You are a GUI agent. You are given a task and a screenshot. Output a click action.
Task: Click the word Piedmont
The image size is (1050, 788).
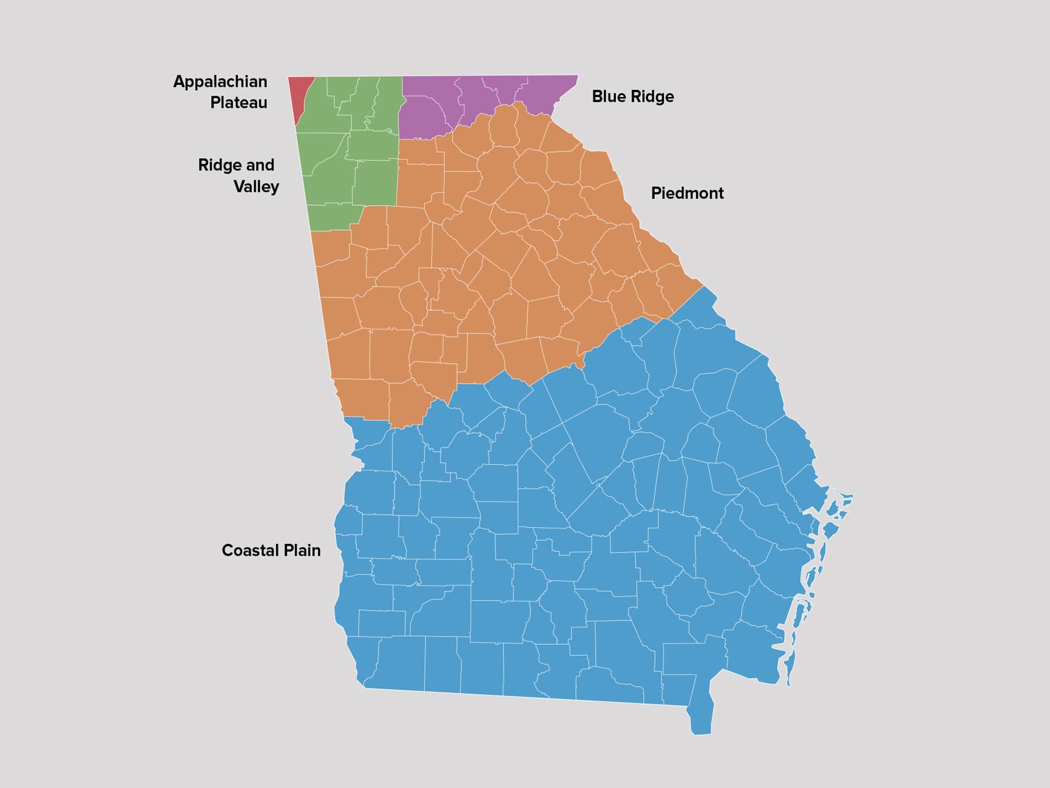[687, 193]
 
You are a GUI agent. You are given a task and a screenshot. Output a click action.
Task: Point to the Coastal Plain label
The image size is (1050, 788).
[271, 550]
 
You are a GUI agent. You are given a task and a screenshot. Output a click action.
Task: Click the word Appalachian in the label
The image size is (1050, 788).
[220, 82]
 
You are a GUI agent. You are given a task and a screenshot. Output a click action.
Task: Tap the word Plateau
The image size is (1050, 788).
[238, 103]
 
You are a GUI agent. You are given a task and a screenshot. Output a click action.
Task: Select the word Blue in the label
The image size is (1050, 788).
[608, 96]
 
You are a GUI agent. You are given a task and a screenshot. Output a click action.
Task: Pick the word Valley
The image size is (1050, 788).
[256, 187]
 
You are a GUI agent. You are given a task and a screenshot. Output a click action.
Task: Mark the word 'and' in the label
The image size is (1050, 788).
[260, 165]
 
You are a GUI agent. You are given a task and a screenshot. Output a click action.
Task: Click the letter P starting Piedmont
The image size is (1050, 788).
[656, 193]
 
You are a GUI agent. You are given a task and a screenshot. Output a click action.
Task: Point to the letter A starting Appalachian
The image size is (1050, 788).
[179, 82]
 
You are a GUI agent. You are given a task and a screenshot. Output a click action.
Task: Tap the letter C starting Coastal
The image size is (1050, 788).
[227, 550]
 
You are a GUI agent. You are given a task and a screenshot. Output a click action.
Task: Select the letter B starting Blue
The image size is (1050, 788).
[597, 96]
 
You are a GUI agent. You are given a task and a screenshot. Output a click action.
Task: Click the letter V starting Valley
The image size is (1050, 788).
[239, 187]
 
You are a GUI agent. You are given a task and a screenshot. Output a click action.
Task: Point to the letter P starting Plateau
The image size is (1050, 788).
[215, 103]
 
